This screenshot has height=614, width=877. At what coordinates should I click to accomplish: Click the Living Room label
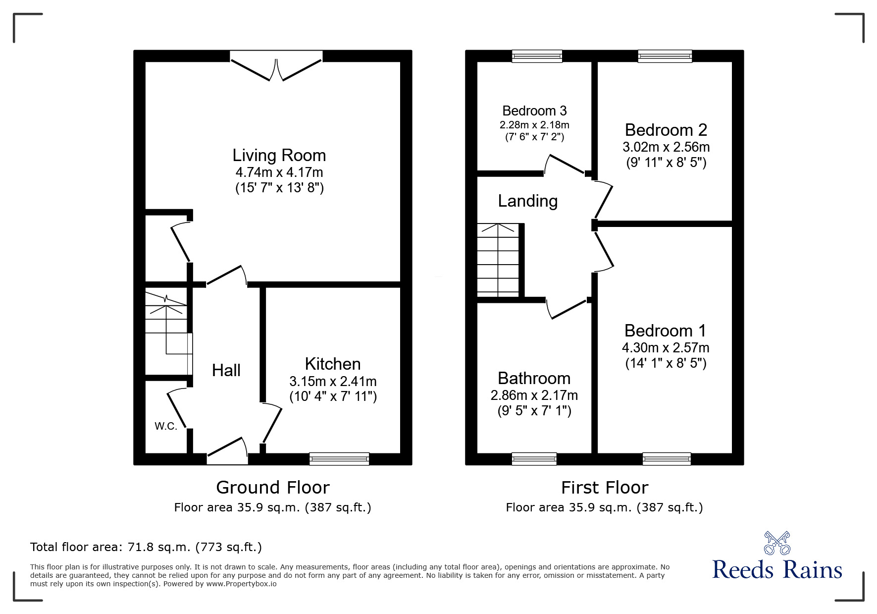[279, 156]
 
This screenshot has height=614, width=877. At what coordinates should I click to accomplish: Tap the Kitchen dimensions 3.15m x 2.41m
[333, 382]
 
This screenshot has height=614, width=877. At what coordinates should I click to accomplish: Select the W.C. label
[165, 426]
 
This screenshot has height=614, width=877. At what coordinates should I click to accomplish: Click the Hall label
[226, 370]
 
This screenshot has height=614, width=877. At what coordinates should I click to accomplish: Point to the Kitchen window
[339, 458]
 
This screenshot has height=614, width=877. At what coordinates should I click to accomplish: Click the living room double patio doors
[276, 67]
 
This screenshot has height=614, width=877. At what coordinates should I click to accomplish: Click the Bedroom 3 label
[534, 111]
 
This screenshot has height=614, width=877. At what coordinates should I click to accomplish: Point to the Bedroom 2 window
[665, 56]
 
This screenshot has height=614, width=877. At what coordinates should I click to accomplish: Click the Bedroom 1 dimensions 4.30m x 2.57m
[665, 348]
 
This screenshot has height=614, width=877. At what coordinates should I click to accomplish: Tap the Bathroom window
[534, 458]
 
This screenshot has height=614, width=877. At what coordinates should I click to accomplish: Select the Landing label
[527, 201]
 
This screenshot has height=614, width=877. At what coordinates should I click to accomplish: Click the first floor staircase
[498, 260]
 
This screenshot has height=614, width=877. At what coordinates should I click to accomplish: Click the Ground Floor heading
[272, 488]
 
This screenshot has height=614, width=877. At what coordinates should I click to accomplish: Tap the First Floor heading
[604, 488]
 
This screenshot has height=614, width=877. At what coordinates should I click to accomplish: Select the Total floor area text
[146, 547]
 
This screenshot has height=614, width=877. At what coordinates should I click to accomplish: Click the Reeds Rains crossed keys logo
[776, 543]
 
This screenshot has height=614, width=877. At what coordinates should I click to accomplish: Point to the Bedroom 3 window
[537, 56]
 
